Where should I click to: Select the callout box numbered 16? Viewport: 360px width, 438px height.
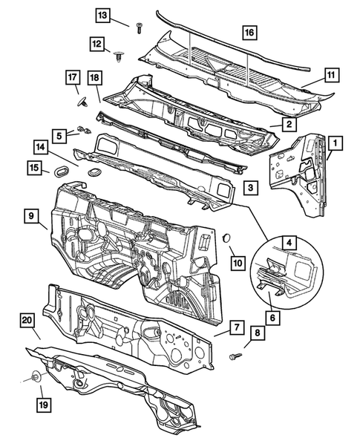[x=249, y=32]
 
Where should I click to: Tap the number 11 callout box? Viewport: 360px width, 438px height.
[x=331, y=74]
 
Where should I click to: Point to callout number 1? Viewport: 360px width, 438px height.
[x=336, y=143]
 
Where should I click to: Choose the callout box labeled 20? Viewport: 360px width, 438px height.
[x=27, y=319]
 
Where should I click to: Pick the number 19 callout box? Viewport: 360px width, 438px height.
[x=40, y=404]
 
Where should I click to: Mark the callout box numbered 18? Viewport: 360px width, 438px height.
[x=94, y=79]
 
